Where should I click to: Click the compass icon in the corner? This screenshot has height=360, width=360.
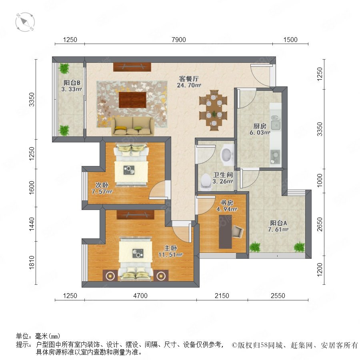pyautogui.click(x=25, y=22)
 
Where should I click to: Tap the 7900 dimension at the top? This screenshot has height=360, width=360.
pyautogui.click(x=179, y=40)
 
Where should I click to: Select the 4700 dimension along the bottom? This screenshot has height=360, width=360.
pyautogui.click(x=140, y=296)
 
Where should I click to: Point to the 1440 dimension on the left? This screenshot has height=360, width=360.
pyautogui.click(x=32, y=224)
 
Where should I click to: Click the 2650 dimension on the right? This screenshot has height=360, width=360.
pyautogui.click(x=320, y=224)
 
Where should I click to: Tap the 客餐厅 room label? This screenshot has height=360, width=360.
pyautogui.click(x=189, y=79)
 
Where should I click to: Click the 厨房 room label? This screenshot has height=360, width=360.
pyautogui.click(x=260, y=126)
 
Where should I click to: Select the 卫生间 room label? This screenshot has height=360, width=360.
pyautogui.click(x=223, y=175)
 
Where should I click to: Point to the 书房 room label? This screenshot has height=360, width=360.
pyautogui.click(x=227, y=203)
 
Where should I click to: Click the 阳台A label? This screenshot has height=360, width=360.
pyautogui.click(x=278, y=223)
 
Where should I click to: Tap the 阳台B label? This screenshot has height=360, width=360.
pyautogui.click(x=72, y=83)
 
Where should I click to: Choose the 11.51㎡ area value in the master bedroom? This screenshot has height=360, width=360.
pyautogui.click(x=170, y=255)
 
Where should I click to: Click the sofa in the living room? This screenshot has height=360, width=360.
pyautogui.click(x=133, y=126)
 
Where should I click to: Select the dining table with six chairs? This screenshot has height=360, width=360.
pyautogui.click(x=213, y=110)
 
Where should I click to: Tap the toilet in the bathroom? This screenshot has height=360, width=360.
pyautogui.click(x=206, y=182)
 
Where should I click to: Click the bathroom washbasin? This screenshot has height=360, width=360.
pyautogui.click(x=227, y=155)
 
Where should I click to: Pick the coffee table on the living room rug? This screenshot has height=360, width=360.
pyautogui.click(x=133, y=100)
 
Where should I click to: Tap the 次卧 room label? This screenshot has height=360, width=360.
pyautogui.click(x=102, y=185)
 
